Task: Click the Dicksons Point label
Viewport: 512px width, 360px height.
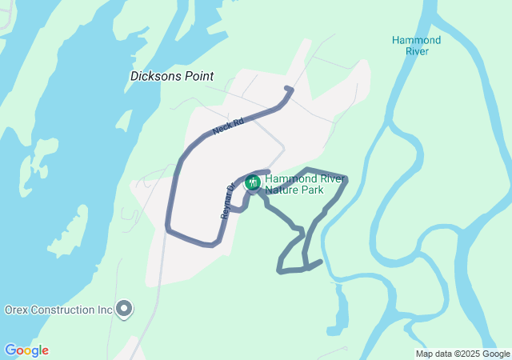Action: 172,77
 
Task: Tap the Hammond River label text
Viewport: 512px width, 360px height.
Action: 416,46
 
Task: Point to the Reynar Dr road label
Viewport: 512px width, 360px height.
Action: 226,201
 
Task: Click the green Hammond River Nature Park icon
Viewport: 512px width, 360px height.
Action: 253,183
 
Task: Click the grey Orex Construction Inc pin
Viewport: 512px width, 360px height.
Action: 124,309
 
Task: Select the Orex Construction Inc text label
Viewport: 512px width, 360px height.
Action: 58,310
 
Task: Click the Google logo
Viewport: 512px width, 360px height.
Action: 26,350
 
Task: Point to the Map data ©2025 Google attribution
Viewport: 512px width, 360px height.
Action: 462,354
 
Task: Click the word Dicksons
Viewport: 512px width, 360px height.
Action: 157,77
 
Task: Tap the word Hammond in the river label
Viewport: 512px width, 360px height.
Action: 416,40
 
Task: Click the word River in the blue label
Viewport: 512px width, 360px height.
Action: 416,51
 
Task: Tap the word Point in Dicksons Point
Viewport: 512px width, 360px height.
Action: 199,77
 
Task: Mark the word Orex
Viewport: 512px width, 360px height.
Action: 18,310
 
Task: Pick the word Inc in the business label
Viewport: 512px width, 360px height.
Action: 105,310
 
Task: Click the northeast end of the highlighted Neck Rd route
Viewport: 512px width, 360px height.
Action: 289,90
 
